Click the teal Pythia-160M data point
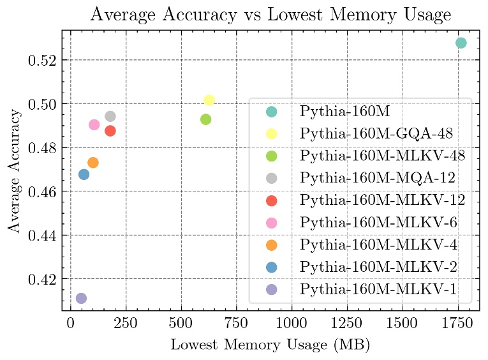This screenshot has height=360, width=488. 461,43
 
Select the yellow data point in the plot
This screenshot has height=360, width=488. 209,100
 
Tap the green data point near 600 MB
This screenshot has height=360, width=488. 205,119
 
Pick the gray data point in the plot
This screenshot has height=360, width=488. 110,116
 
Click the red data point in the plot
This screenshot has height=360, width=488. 110,131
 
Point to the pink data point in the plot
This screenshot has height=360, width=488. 94,124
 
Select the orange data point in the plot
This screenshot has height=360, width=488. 93,162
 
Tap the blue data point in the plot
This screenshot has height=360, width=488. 84,174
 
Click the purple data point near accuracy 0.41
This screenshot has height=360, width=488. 81,298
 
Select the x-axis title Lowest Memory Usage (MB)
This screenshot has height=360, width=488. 270,345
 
